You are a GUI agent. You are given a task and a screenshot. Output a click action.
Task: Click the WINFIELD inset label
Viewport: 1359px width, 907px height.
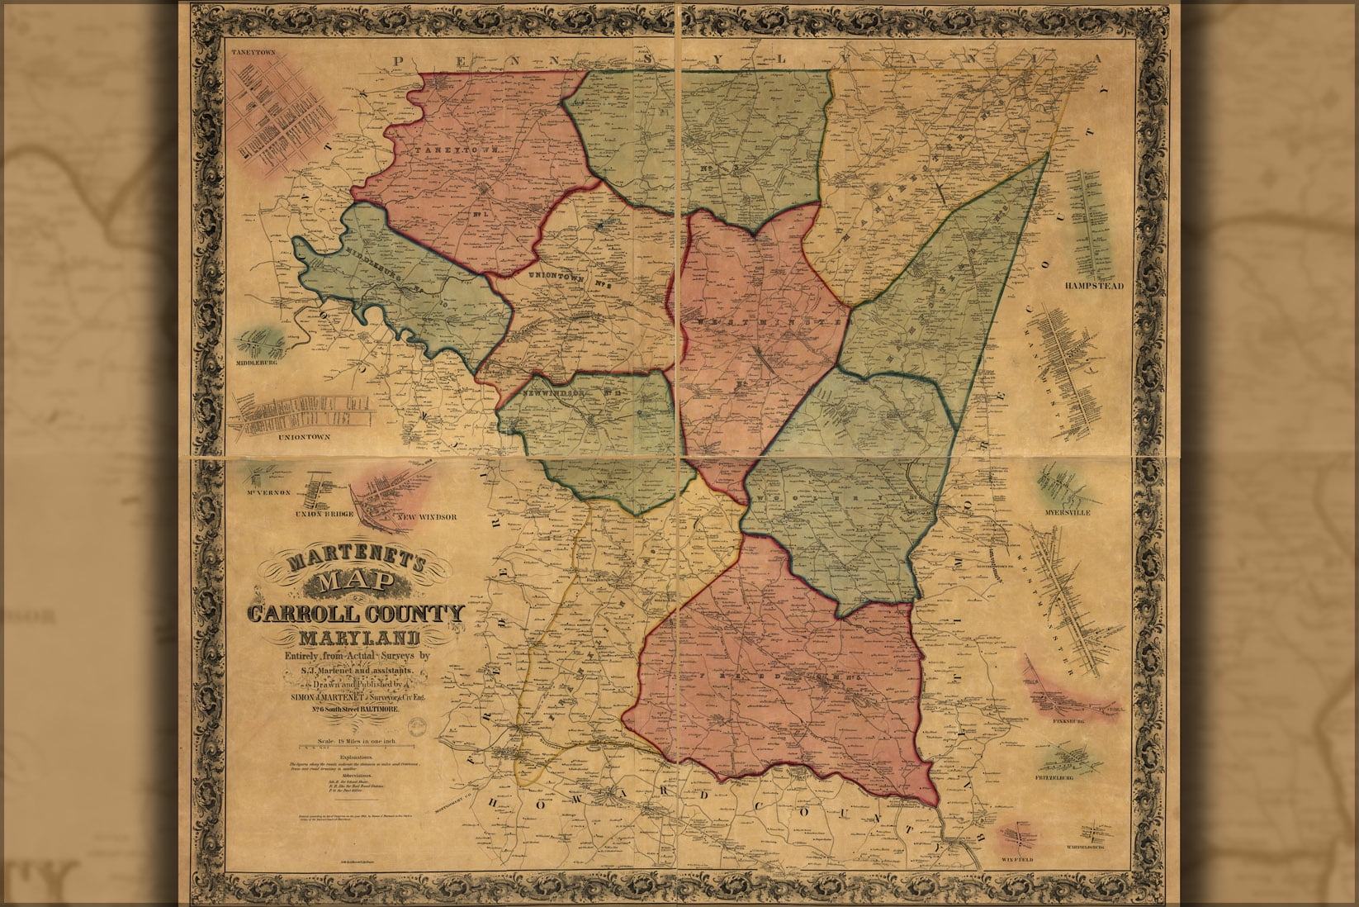pyautogui.click(x=1024, y=857)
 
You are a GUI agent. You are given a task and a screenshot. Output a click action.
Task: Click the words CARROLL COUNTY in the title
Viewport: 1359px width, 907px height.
pyautogui.click(x=355, y=615)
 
